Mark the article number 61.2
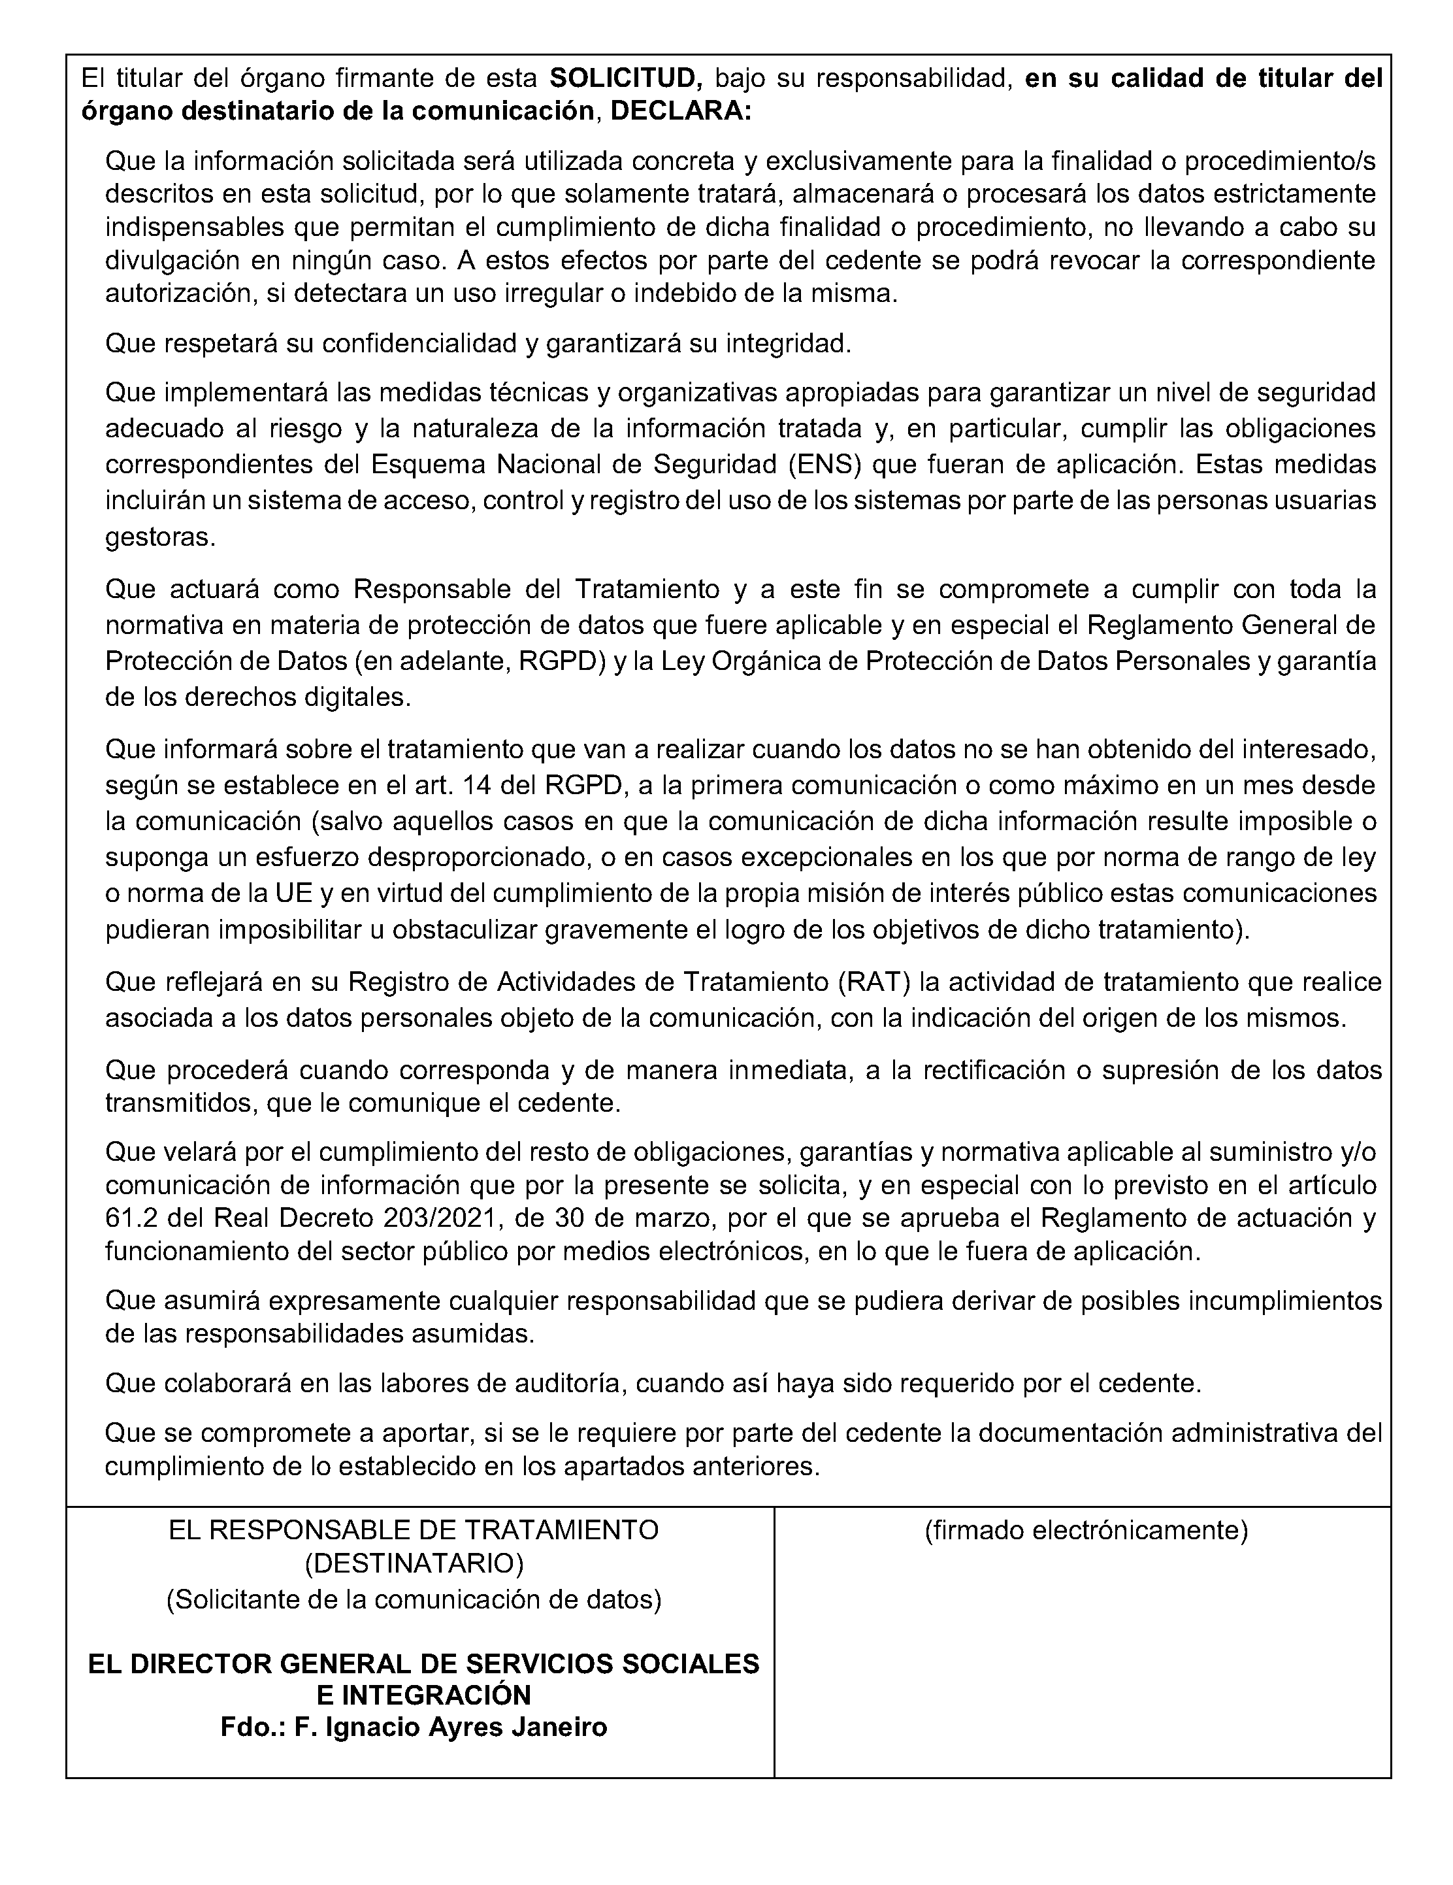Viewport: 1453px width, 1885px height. coord(130,1218)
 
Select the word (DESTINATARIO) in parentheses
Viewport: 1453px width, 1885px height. coord(414,1563)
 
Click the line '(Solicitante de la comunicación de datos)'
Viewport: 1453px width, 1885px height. coord(414,1599)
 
